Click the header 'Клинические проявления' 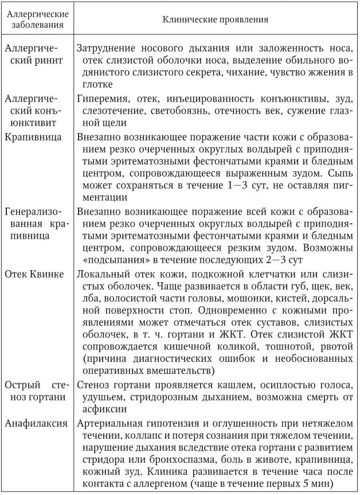[x=216, y=20]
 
